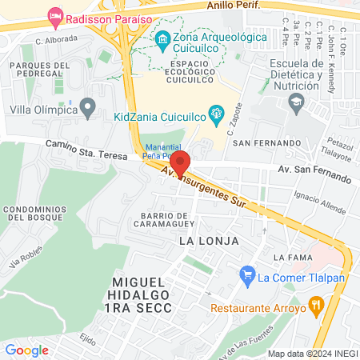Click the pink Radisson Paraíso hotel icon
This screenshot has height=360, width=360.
[55, 15]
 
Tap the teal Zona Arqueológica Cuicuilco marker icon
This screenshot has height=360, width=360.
[162, 38]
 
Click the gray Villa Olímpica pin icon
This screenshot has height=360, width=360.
[88, 106]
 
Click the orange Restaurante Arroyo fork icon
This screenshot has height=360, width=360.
[316, 304]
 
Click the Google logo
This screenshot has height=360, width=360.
[26, 350]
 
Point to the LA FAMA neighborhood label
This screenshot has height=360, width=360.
[290, 257]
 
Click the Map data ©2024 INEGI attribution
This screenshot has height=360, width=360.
[312, 353]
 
